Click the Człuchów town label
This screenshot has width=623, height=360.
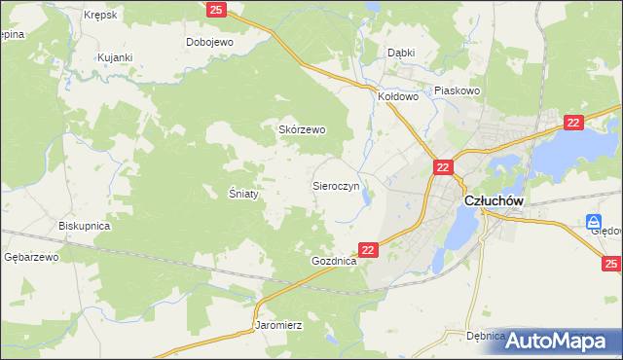[495, 199]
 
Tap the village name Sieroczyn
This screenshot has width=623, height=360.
[337, 184]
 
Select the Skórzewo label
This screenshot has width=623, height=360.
[303, 129]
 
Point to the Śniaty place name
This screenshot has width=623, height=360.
[242, 194]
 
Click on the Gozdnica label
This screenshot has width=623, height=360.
[334, 263]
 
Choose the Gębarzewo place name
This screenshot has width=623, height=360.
[31, 257]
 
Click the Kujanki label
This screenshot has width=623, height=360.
[114, 58]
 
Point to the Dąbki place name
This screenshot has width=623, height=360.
[401, 53]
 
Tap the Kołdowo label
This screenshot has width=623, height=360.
[398, 97]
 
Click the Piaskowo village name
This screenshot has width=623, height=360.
[458, 90]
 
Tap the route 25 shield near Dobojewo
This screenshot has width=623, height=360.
[216, 10]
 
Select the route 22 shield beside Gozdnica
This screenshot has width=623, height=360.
[368, 250]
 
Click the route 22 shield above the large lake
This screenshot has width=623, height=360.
[572, 122]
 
